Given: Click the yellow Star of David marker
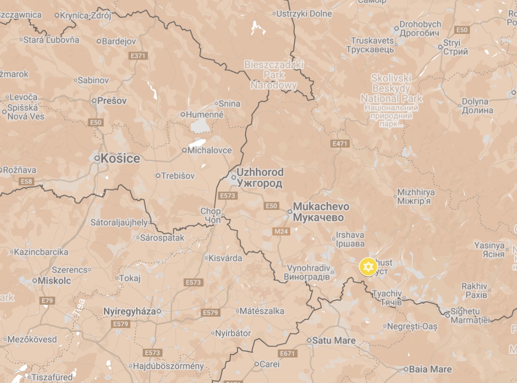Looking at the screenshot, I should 368,267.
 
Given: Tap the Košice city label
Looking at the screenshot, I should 120,159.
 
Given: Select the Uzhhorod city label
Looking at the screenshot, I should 260,177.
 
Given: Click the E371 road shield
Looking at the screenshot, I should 138,56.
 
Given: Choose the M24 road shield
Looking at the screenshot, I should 281,231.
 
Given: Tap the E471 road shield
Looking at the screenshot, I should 340,144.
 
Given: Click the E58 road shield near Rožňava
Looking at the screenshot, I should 26,181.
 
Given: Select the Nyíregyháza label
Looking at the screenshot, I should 130,311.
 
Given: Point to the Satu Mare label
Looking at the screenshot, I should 334,341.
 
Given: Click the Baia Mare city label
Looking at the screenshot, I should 430,370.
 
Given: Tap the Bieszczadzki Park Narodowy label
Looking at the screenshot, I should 274,75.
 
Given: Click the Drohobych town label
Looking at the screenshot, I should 420,28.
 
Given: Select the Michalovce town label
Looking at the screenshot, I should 209,150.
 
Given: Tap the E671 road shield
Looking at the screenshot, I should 288,353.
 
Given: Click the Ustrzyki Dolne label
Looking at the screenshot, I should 304,14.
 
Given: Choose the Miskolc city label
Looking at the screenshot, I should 54,281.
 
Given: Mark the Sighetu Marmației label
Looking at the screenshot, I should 470,316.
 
